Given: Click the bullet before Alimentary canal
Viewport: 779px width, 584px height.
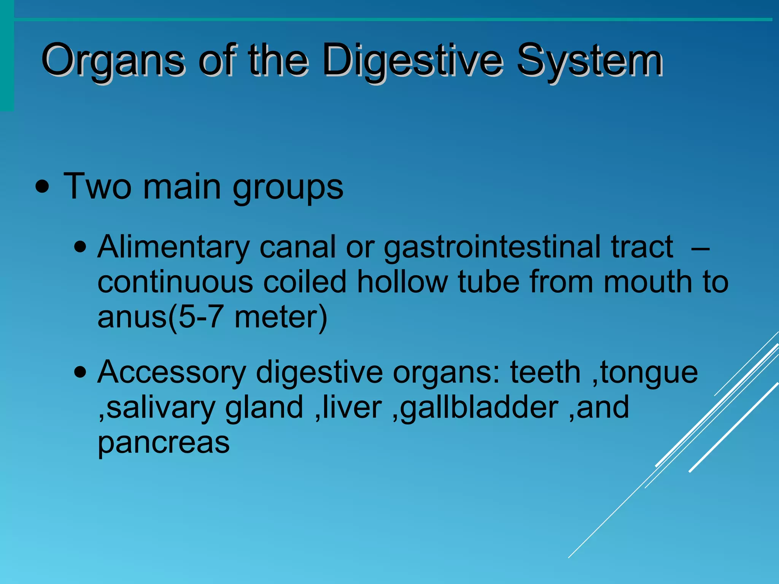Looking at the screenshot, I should pos(80,248).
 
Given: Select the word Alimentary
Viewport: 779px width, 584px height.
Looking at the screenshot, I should pos(173,247).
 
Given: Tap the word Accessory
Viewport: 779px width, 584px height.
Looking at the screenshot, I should pos(172,373).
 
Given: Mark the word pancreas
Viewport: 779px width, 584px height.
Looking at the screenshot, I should pos(164,443).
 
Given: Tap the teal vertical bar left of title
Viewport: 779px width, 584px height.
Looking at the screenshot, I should pos(7,57).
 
